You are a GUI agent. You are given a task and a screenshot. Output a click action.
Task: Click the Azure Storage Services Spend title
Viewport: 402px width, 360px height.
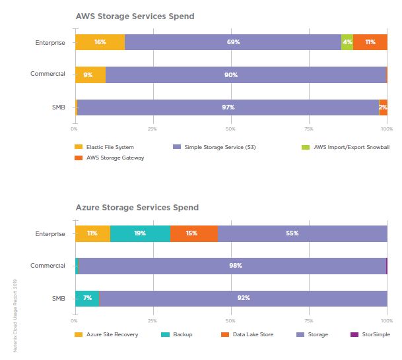click(x=137, y=208)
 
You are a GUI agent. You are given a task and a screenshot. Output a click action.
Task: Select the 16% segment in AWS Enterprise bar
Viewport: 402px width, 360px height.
click(x=100, y=42)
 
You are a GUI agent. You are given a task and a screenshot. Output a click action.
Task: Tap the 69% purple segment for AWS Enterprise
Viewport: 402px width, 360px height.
click(x=232, y=42)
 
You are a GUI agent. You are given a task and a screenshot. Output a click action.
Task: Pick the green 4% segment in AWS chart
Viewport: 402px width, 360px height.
click(x=347, y=42)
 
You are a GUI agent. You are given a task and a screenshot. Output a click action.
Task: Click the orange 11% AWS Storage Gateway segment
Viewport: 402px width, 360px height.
click(x=370, y=42)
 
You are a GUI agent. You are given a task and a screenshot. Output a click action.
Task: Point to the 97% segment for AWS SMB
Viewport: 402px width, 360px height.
click(x=228, y=107)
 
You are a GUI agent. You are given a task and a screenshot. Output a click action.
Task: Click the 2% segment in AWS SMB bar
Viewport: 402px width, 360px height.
click(x=383, y=107)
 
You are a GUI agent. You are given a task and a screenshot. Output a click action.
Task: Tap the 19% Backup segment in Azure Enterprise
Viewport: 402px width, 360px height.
click(x=140, y=233)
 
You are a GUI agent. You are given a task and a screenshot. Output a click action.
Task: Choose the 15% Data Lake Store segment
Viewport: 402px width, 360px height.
click(x=194, y=233)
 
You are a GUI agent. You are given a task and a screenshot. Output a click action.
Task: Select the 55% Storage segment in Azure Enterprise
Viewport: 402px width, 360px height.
click(x=302, y=233)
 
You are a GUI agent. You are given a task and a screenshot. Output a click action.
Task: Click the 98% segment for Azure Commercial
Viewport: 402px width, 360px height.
click(x=232, y=266)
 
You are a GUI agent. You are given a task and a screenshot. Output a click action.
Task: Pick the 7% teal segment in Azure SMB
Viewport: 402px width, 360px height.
click(x=87, y=298)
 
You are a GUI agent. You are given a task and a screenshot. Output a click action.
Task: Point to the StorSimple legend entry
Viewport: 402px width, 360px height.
click(x=373, y=334)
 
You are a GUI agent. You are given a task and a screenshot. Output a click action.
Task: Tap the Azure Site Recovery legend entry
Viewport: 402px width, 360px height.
click(x=112, y=334)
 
